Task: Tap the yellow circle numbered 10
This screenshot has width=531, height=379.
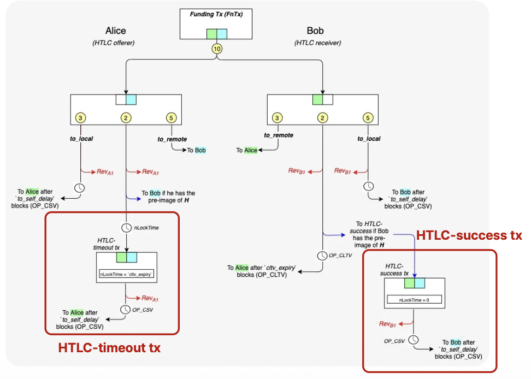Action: coord(217,48)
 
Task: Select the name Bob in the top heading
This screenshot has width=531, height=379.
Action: coord(315,31)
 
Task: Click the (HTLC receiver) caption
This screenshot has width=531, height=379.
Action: coord(317,43)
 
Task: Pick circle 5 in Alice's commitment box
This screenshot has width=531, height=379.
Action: coord(172,117)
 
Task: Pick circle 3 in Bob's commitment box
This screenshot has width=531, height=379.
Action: coord(278,117)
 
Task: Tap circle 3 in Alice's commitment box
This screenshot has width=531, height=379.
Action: coord(81,117)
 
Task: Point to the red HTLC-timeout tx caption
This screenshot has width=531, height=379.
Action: coord(110,347)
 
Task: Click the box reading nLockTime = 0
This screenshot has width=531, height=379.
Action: coord(414,300)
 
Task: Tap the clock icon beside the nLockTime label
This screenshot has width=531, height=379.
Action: coord(126,227)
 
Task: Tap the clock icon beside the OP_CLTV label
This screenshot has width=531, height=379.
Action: coord(323,254)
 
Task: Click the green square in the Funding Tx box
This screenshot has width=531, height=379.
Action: coord(212,34)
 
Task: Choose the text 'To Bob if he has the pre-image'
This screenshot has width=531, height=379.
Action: coord(168,196)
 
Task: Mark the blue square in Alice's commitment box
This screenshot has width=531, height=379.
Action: coord(131,99)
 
